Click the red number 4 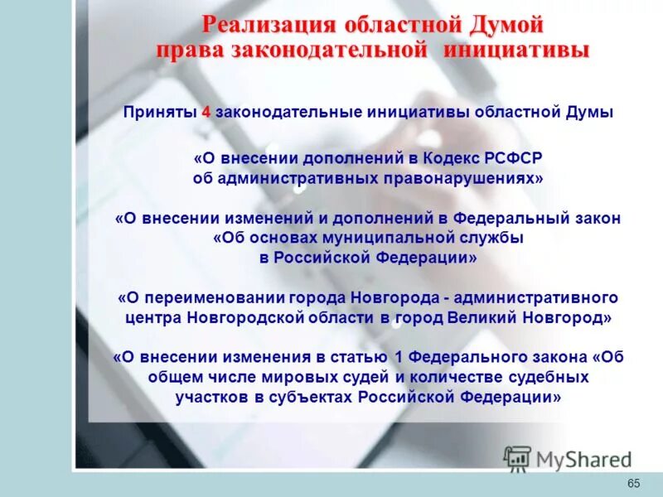205,113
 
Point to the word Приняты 160,113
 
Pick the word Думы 589,113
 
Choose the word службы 494,239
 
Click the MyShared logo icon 517,458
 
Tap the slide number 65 634,484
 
